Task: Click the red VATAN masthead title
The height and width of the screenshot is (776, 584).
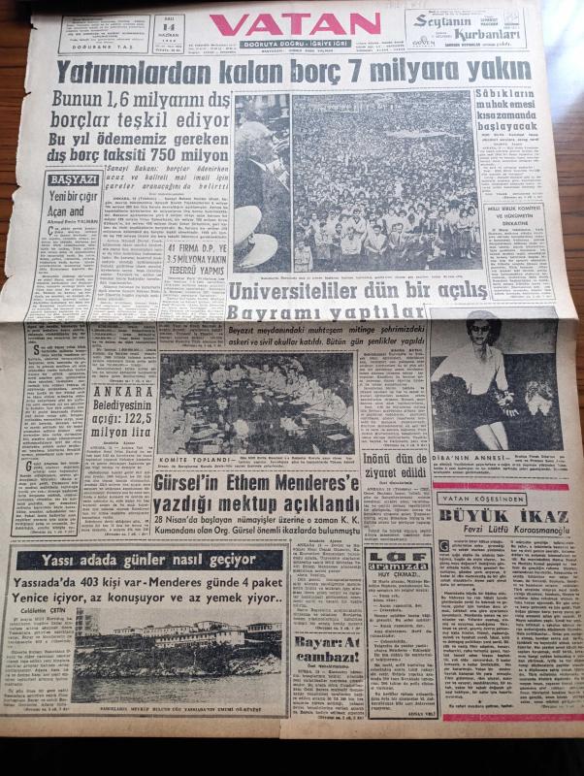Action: click(294, 24)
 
